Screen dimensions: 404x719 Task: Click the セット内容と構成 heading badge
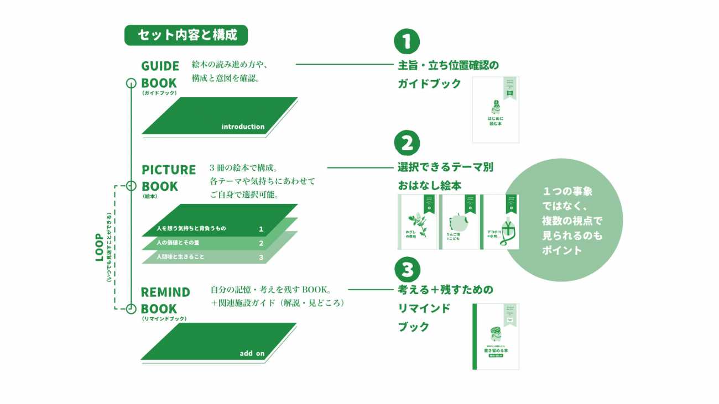(186, 35)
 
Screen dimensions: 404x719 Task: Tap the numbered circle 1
(407, 41)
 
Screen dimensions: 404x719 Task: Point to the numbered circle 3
(407, 269)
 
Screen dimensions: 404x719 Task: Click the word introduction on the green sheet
(243, 127)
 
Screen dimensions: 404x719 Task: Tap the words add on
(252, 354)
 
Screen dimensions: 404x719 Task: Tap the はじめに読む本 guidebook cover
(496, 109)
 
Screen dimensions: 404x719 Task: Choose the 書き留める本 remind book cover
(496, 336)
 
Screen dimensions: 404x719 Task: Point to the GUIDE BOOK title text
(160, 75)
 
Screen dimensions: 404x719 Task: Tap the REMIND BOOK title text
(165, 300)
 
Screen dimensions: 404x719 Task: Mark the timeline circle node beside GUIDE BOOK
(131, 83)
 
